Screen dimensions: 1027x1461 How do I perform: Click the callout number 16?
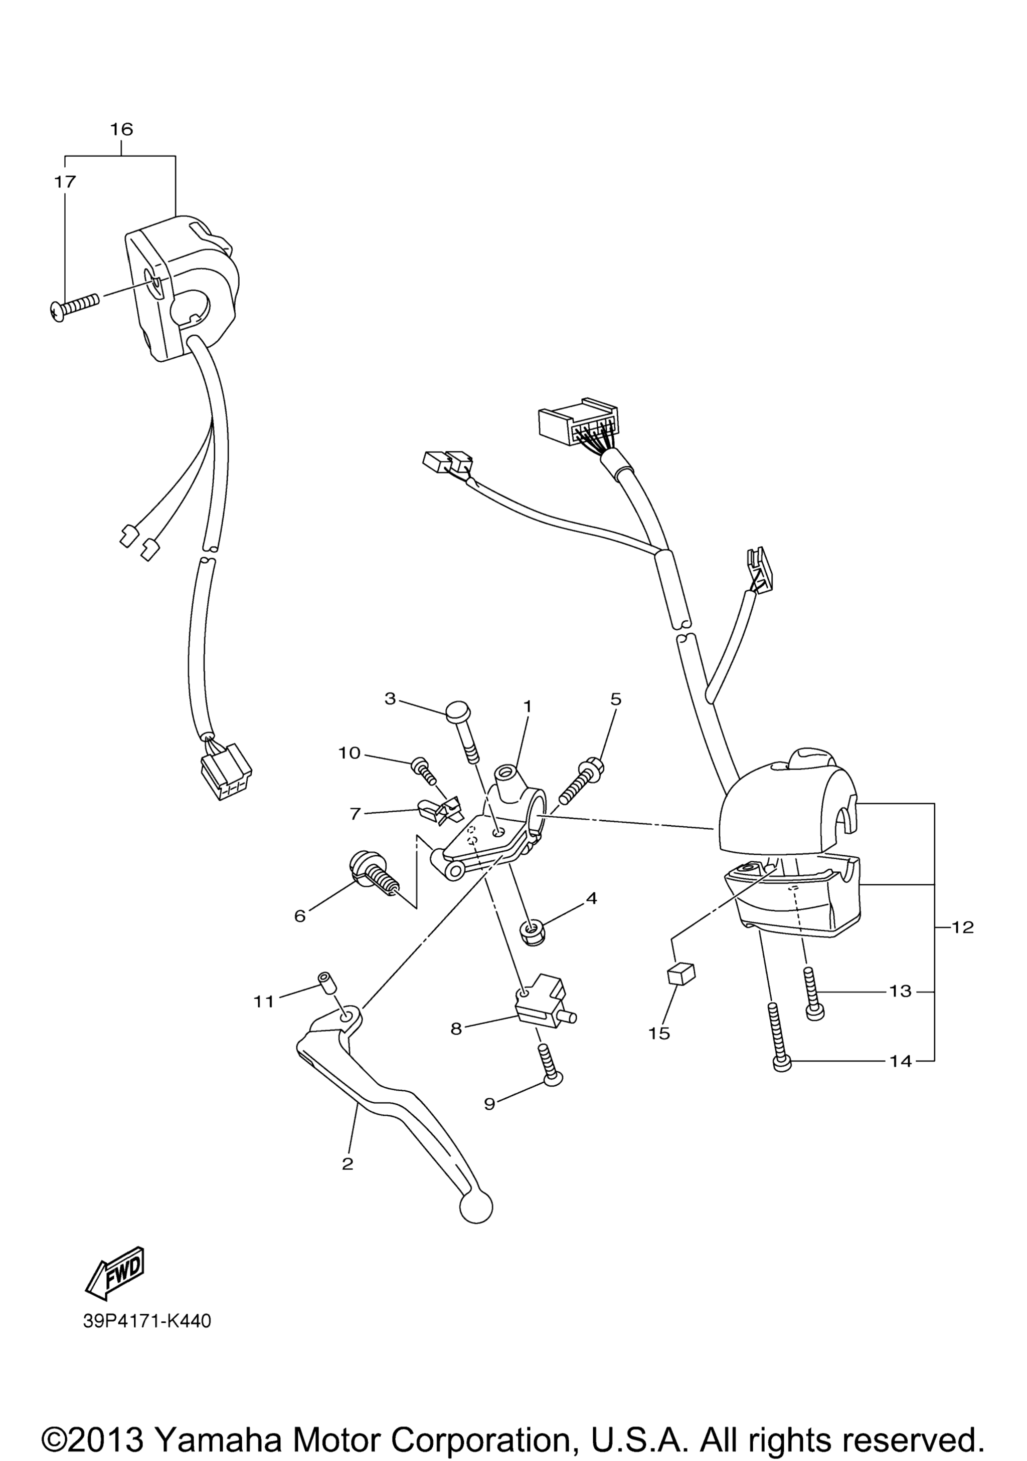[122, 129]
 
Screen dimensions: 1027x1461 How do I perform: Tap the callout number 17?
[65, 182]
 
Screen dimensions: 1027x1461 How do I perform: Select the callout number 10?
[349, 753]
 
